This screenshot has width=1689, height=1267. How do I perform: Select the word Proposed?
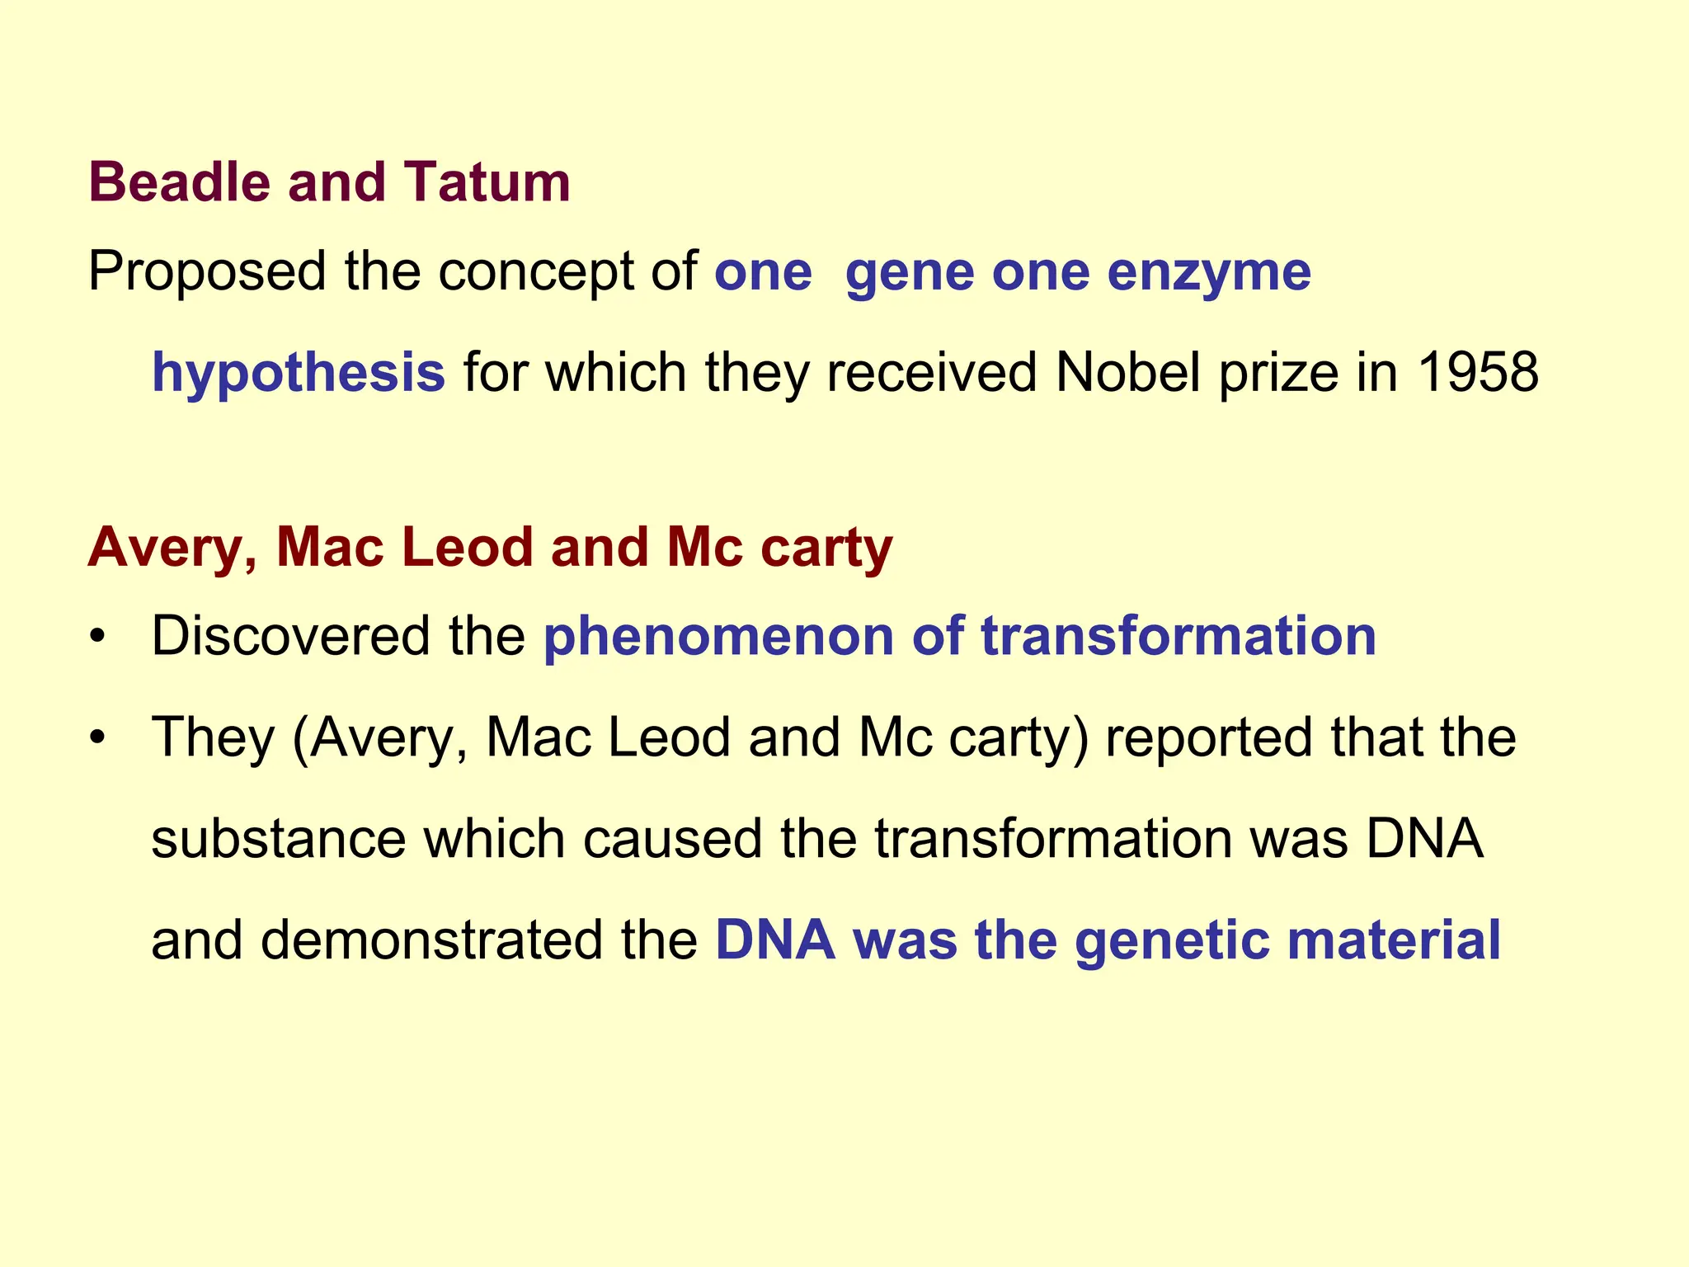click(206, 272)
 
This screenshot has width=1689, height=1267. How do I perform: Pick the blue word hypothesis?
click(299, 374)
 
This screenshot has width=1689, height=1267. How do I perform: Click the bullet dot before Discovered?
click(98, 638)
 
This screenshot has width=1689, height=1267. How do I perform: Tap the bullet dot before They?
click(98, 737)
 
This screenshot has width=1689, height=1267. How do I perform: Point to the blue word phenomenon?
click(718, 638)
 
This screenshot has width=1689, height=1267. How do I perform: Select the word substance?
click(278, 839)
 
